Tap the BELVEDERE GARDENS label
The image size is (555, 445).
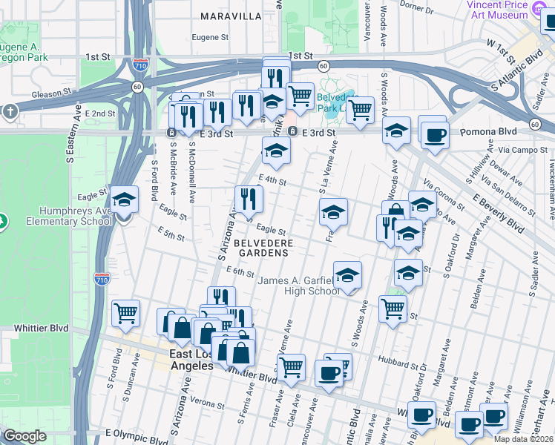(260, 248)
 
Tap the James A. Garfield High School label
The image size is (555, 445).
(299, 285)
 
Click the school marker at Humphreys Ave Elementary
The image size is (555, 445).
(125, 200)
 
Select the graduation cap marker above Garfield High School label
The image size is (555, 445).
(347, 276)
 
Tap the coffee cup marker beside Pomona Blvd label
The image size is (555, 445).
(436, 135)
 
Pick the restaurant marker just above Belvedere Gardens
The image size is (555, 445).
(249, 199)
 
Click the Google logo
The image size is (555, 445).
(24, 435)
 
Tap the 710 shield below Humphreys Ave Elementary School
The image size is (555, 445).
(102, 279)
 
